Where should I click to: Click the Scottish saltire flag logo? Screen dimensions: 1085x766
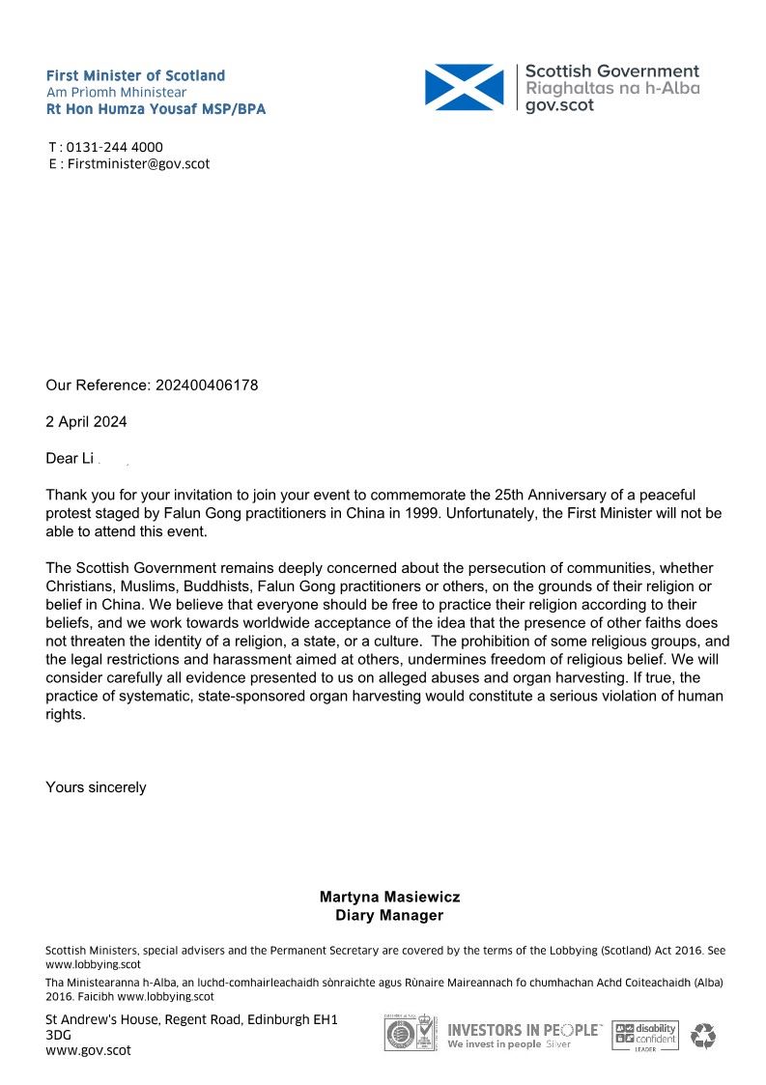coord(464,86)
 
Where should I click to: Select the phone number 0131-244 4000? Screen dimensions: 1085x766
coord(114,147)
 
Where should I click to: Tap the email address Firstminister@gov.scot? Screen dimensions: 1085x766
coord(138,163)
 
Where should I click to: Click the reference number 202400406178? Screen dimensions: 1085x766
coord(204,385)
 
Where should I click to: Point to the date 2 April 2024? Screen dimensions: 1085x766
coord(86,422)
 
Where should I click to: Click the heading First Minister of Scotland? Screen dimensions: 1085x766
coord(135,75)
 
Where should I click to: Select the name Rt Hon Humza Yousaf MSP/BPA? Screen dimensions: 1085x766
coord(156,109)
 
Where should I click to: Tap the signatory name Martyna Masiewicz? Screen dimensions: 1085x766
coord(389,898)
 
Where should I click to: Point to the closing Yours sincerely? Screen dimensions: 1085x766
coord(96,787)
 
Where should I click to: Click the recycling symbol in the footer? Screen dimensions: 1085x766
coord(703,1036)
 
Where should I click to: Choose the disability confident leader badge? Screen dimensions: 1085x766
coord(646,1036)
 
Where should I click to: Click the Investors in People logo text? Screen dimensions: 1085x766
coord(523,1031)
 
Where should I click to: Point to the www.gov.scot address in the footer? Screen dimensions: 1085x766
coord(88,1050)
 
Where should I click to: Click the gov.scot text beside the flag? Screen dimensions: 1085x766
coord(559,105)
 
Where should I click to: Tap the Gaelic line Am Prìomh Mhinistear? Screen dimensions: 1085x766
coord(116,92)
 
